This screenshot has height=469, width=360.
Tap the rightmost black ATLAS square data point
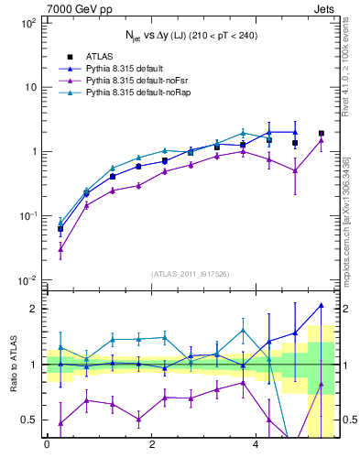[x=321, y=133]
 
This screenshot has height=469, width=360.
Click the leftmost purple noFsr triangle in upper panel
[x=60, y=248]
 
